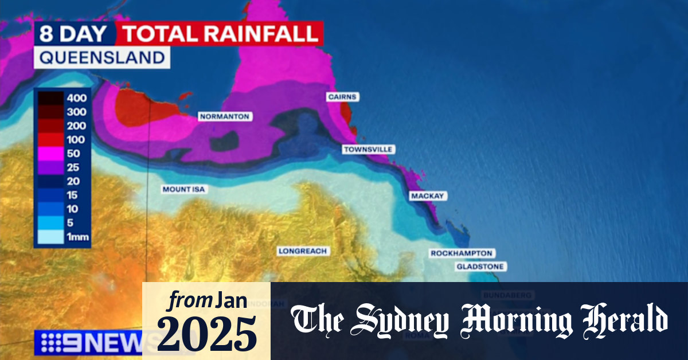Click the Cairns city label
pos(342,97)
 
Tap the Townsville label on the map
pos(368,150)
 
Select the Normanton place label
pos(224,116)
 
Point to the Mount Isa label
pos(183,189)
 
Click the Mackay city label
pos(428,196)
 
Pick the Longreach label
pos(302,251)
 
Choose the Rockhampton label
pos(462,253)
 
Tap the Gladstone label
pos(480,267)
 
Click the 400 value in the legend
pos(76,98)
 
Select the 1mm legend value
pos(78,237)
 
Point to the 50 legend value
pos(73,154)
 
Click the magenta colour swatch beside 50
pos(50,154)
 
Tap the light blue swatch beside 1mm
pos(50,237)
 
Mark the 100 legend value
pos(76,140)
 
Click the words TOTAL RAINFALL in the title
pos(220,34)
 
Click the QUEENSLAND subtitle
pos(101,57)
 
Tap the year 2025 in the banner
pos(206,333)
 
